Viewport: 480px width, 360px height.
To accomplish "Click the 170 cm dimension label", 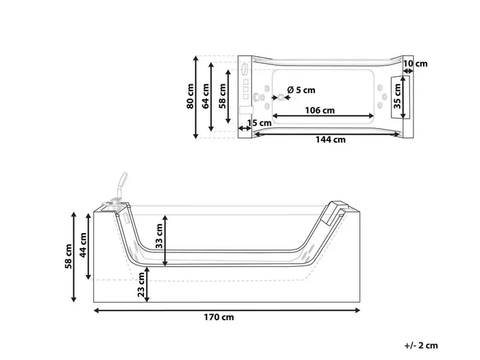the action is click(219, 317).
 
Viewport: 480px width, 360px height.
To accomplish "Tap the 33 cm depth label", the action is click(159, 236).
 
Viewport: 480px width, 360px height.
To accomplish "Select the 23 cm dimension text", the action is click(141, 285).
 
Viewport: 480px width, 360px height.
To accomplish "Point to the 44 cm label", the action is click(83, 245).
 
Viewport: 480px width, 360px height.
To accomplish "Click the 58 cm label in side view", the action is click(69, 256).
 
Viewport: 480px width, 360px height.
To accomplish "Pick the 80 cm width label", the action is click(190, 96).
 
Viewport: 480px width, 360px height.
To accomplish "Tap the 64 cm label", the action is click(206, 96).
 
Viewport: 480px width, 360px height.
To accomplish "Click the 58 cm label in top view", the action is click(223, 96).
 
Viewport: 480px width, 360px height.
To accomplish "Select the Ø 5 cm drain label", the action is click(301, 90).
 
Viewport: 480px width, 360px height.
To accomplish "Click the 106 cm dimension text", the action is click(320, 110).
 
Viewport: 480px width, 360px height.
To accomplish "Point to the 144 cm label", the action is click(331, 140).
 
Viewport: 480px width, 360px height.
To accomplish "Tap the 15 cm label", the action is click(259, 123).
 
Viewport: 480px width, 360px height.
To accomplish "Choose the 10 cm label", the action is click(416, 64).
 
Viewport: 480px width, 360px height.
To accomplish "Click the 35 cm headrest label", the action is click(397, 96).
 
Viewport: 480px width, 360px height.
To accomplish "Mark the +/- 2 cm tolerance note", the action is click(421, 346).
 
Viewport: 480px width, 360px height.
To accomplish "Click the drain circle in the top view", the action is click(281, 97).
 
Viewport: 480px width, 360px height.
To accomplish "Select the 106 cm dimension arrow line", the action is click(323, 116).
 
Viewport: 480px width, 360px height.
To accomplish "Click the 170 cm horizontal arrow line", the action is click(227, 311).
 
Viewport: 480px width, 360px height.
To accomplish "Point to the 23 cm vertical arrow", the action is click(147, 285).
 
